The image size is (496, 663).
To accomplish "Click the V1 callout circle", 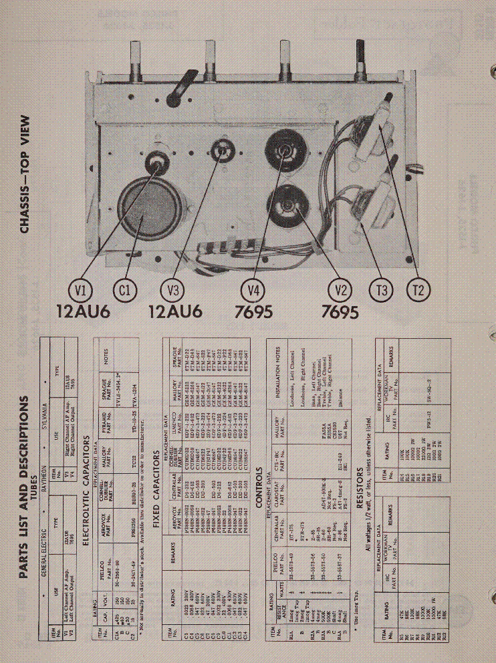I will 82,290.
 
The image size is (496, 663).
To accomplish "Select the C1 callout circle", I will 125,290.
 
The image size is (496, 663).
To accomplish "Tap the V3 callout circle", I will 173,290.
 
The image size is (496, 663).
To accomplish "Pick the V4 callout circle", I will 253,290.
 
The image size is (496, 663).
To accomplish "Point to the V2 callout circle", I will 340,290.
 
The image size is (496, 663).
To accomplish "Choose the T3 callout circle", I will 381,290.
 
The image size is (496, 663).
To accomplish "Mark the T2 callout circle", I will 419,290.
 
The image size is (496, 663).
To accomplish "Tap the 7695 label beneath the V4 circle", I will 253,312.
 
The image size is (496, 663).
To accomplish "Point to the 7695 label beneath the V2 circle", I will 340,312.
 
